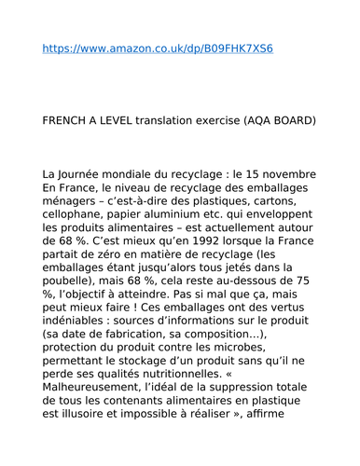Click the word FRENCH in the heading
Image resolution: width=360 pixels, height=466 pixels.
pyautogui.click(x=68, y=120)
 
